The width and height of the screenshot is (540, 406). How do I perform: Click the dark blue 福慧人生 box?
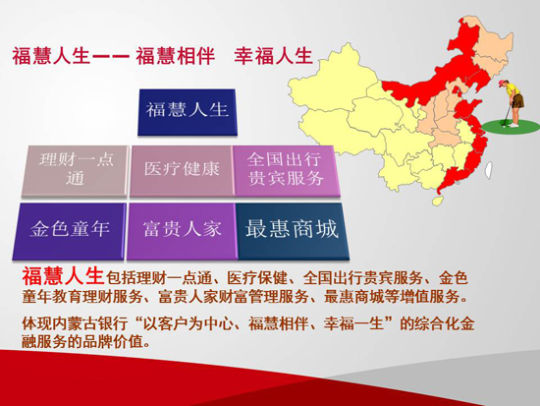pos(188,112)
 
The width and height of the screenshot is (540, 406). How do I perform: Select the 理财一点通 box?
pos(75,171)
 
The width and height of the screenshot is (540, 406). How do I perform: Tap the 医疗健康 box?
pos(182,171)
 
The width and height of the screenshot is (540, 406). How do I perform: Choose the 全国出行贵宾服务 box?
pos(286,171)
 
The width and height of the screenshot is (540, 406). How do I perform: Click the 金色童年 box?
pos(69,231)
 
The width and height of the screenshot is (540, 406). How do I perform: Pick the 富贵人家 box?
pos(182,231)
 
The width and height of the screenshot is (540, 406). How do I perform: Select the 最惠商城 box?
pos(292,231)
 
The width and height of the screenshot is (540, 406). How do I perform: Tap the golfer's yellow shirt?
pos(513,89)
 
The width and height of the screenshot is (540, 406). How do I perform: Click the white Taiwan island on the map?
pos(488,170)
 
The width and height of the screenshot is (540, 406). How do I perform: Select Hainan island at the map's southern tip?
pos(438,201)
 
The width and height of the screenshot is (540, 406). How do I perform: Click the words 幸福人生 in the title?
pos(274,56)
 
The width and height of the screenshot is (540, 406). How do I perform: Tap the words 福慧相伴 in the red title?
pos(176,56)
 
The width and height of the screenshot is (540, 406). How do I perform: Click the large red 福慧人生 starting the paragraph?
pos(63,276)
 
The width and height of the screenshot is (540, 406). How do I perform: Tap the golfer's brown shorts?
pos(517,100)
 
